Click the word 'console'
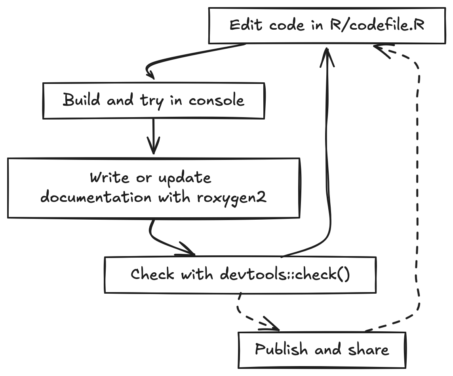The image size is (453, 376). point(216,101)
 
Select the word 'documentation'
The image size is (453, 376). point(96,197)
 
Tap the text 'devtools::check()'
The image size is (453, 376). point(285,274)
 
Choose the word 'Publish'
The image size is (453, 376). point(281,349)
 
